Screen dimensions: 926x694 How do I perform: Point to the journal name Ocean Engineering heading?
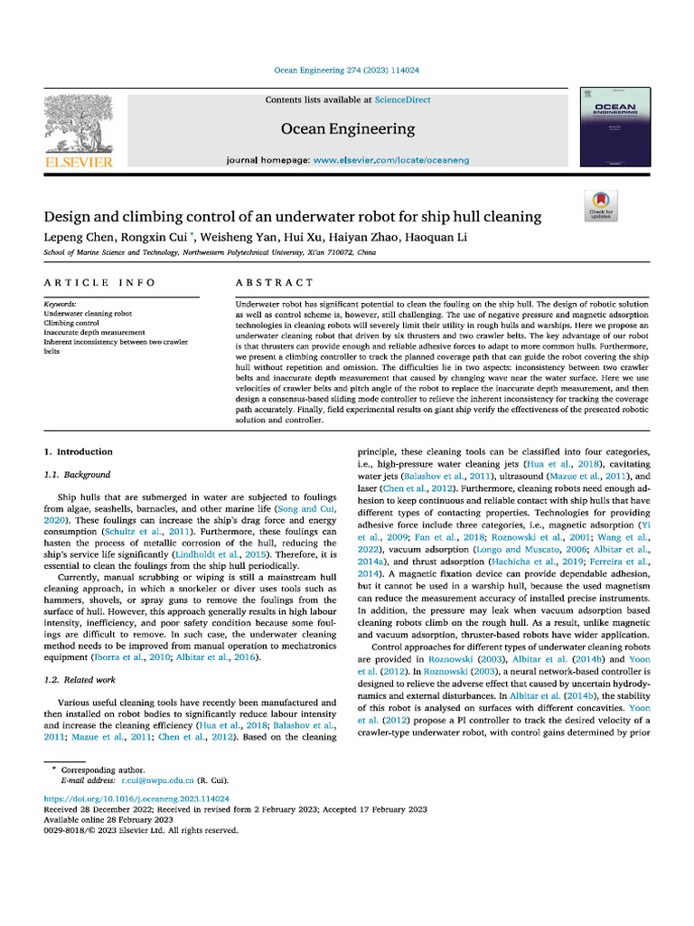click(x=348, y=128)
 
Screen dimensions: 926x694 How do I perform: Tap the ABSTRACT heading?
click(x=274, y=283)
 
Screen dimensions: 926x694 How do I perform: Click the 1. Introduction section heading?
click(x=79, y=451)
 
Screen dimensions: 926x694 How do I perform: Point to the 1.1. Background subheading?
click(x=77, y=475)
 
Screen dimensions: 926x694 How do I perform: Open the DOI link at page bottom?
click(x=136, y=799)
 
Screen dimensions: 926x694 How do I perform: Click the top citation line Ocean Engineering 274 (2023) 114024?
click(x=347, y=70)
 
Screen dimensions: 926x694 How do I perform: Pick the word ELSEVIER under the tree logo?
click(x=79, y=163)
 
